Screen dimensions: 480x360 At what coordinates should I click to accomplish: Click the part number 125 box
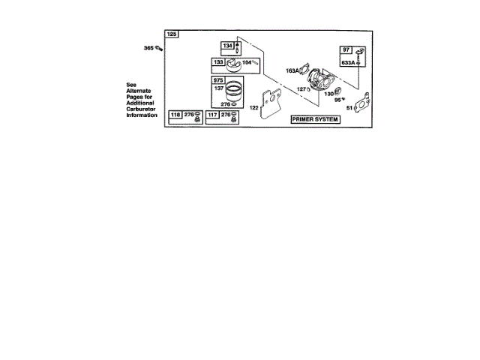coord(172,34)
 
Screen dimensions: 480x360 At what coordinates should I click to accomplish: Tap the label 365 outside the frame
coord(148,48)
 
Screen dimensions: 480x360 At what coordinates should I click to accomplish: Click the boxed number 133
coord(219,62)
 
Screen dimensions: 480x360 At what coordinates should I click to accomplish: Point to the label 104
coord(246,62)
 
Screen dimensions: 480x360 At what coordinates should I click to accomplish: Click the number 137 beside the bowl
coord(220,88)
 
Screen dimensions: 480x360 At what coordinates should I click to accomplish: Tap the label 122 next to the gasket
coord(254,108)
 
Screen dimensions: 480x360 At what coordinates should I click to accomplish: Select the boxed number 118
coord(176,114)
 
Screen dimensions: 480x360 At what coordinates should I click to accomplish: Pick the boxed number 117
coord(212,114)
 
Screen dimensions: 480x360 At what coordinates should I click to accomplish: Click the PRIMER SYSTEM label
coord(315,119)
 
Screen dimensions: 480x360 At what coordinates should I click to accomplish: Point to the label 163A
coord(292,70)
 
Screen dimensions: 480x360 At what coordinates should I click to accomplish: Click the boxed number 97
coord(346,49)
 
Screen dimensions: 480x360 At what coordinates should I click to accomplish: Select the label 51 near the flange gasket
coord(349,108)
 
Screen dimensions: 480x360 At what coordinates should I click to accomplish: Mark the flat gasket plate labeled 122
coord(268,106)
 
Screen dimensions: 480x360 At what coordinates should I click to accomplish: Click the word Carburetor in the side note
coord(142,109)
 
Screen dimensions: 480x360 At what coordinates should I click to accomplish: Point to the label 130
coord(328,94)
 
